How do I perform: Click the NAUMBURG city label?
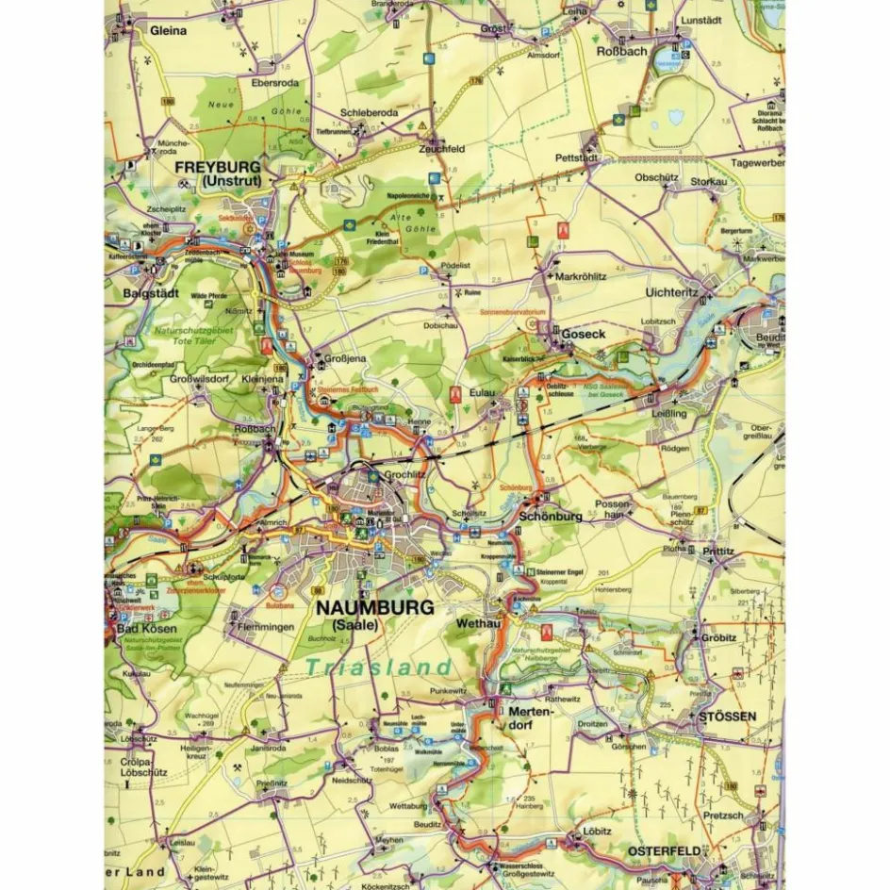(374, 607)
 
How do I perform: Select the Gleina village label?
(168, 30)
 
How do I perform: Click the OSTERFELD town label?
(664, 850)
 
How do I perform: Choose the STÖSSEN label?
(727, 716)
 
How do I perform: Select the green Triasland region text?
(379, 667)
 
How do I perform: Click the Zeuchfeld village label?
(442, 149)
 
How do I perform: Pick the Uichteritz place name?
(671, 293)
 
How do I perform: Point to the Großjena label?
(348, 358)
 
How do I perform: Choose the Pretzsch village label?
(724, 815)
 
